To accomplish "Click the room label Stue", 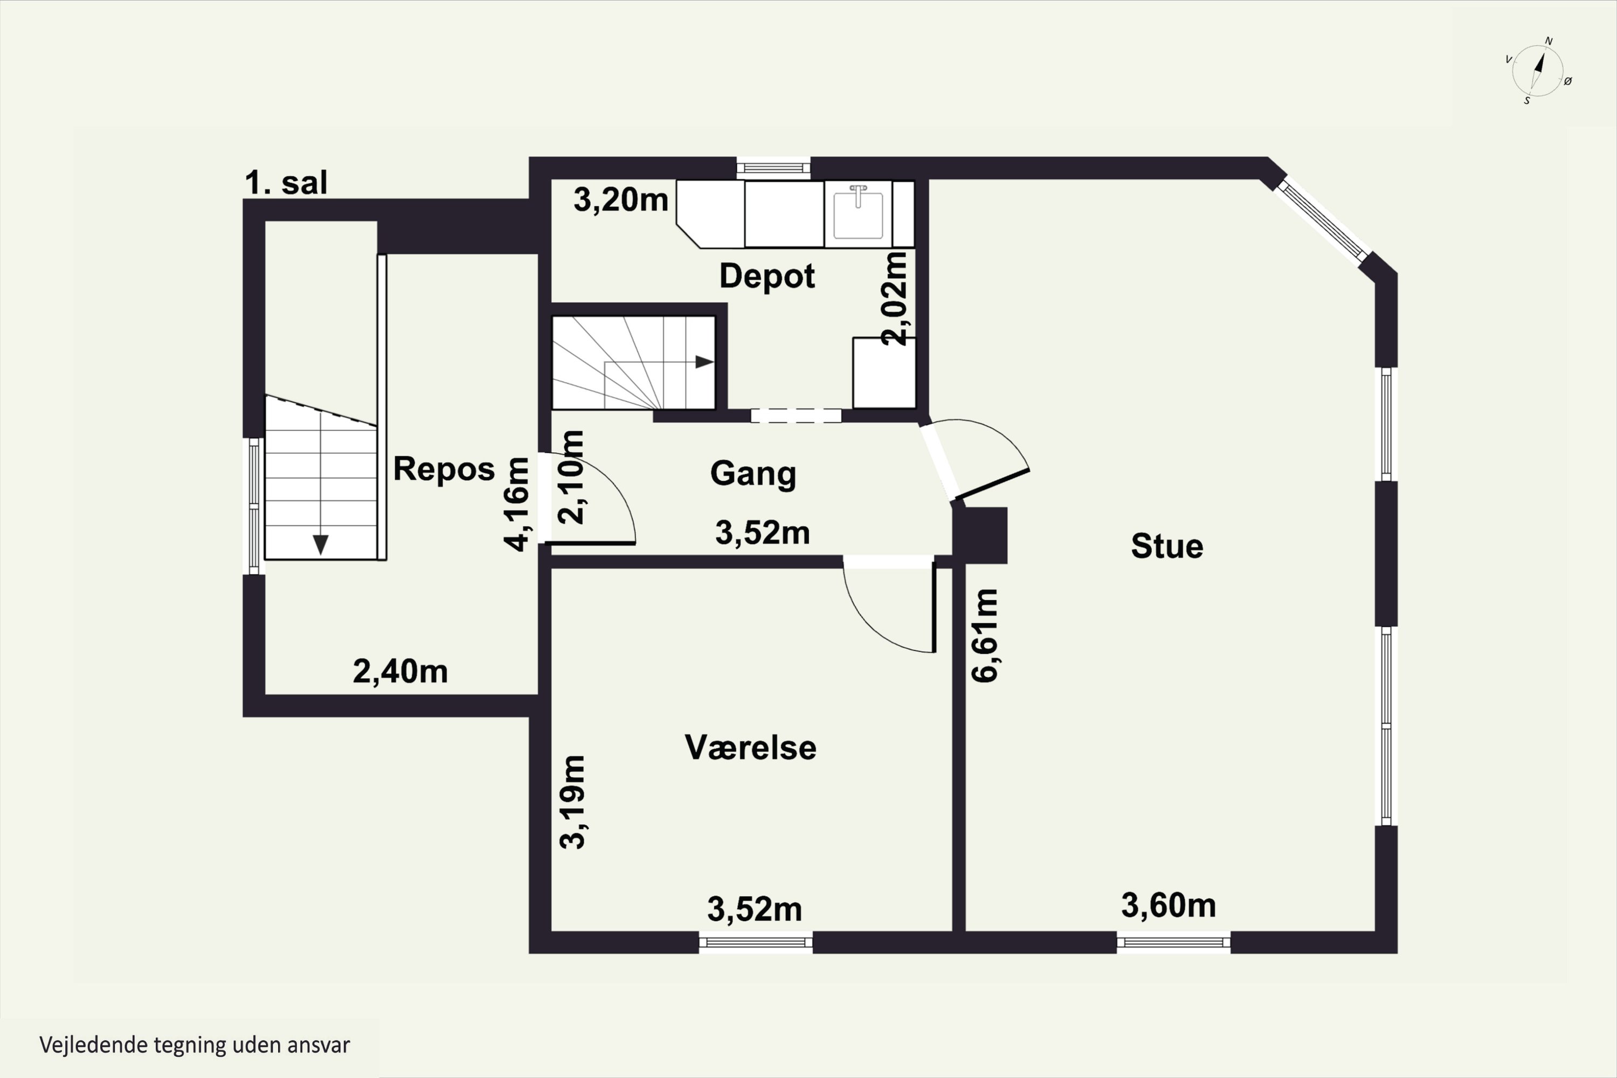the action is [x=1167, y=547].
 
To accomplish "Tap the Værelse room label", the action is [x=751, y=748].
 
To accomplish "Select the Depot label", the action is [x=766, y=277].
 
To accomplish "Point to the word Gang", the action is [x=753, y=474].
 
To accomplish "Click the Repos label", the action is [x=444, y=469].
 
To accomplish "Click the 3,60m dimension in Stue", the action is [x=1169, y=906].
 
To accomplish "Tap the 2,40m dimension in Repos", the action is [x=400, y=671].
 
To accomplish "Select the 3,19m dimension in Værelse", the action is [x=572, y=801].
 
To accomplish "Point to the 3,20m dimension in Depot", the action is [x=621, y=200].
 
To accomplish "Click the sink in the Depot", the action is [x=858, y=214].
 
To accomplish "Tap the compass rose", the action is [x=1538, y=70].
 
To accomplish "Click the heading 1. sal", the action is [x=286, y=183].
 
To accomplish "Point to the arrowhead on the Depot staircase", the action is [x=704, y=362].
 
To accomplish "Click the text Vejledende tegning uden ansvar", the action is [x=195, y=1045].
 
